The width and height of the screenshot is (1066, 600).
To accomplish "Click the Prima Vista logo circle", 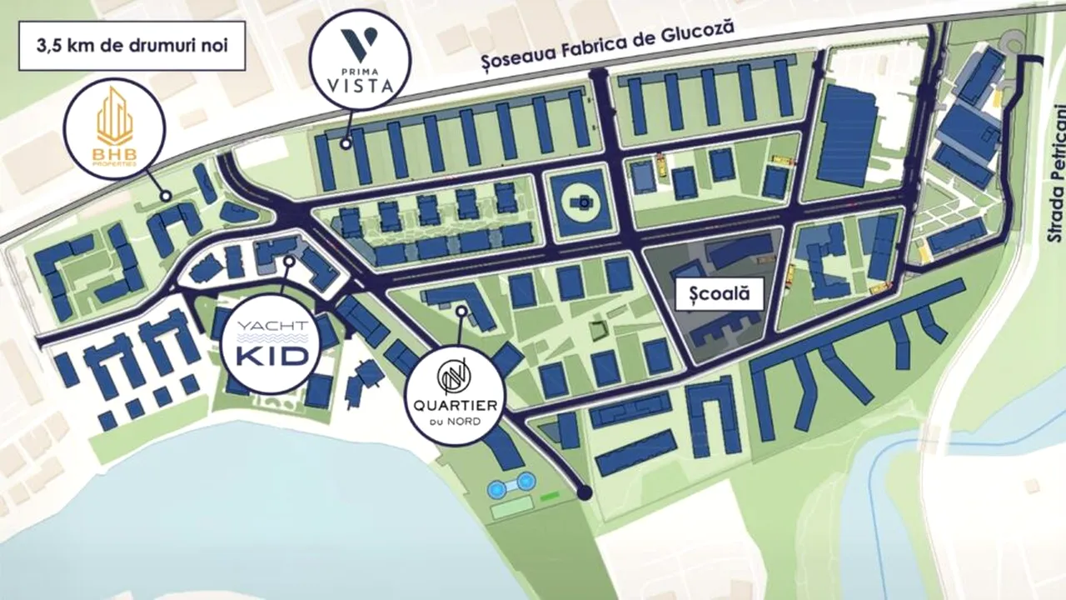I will tap(360, 60).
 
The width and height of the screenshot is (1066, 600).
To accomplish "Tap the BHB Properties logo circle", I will tap(115, 127).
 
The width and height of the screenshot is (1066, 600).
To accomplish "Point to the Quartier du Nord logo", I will tap(455, 390).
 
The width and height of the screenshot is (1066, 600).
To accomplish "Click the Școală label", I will tap(719, 293).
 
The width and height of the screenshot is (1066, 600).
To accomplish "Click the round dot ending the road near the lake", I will tap(585, 492).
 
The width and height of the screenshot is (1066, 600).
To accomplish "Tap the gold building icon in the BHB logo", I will tap(115, 117).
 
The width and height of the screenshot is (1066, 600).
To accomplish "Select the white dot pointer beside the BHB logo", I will tap(167, 196).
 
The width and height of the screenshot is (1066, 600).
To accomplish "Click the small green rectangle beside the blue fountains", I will tap(548, 497).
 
